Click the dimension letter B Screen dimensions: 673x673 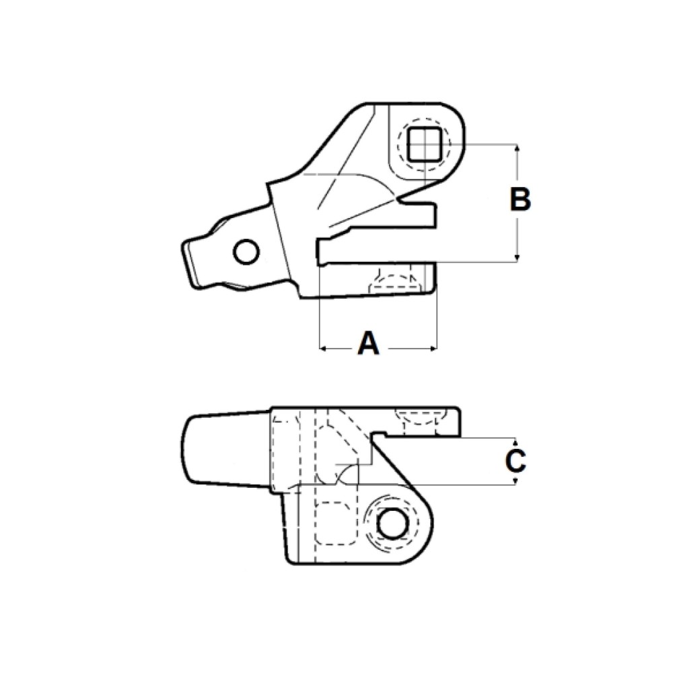click(520, 200)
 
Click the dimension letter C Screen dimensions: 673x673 click(516, 462)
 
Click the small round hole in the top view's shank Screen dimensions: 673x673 click(245, 252)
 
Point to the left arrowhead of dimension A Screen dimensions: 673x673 click(322, 349)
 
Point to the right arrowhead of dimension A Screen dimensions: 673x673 click(434, 349)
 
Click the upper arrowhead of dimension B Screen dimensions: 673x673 click(517, 149)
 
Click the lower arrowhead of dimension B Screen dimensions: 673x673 click(517, 257)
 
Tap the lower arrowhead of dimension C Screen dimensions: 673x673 click(516, 481)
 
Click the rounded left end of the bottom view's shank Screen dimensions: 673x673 click(190, 450)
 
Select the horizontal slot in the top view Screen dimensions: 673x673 click(377, 251)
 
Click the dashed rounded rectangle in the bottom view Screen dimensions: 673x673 click(336, 523)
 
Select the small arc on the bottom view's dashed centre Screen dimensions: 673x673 click(346, 474)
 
